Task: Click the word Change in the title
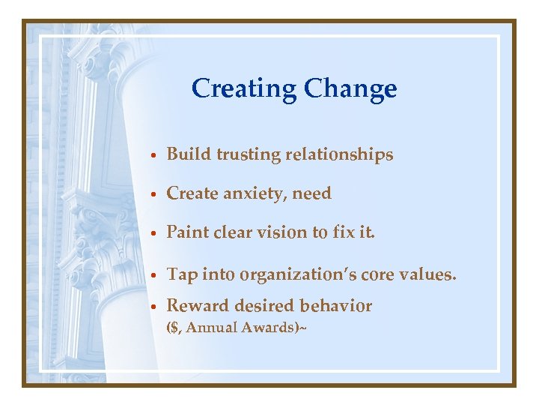pyautogui.click(x=350, y=89)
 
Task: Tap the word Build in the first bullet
pyautogui.click(x=189, y=154)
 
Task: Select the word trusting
pyautogui.click(x=249, y=155)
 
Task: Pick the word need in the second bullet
pyautogui.click(x=311, y=193)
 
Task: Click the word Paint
pyautogui.click(x=187, y=232)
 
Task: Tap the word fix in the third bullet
pyautogui.click(x=342, y=232)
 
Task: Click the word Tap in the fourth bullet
pyautogui.click(x=181, y=275)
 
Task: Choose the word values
pyautogui.click(x=427, y=275)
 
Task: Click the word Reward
pyautogui.click(x=197, y=306)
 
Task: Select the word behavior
pyautogui.click(x=335, y=306)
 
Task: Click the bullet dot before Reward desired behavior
pyautogui.click(x=153, y=307)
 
